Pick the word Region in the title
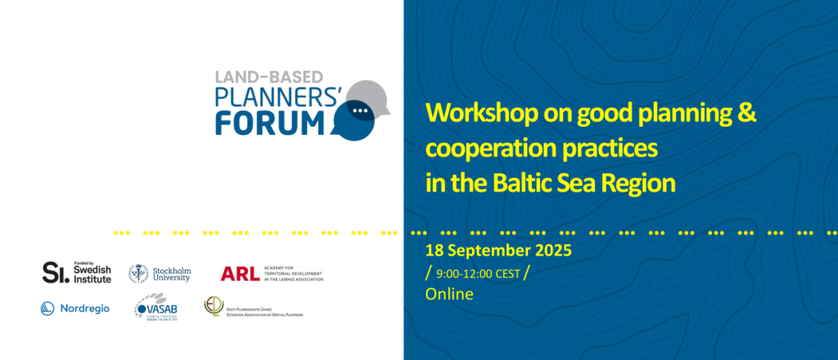(x=639, y=182)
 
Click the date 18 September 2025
(x=498, y=250)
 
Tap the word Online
(x=449, y=294)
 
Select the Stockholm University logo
(x=160, y=273)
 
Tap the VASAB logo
(x=156, y=308)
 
